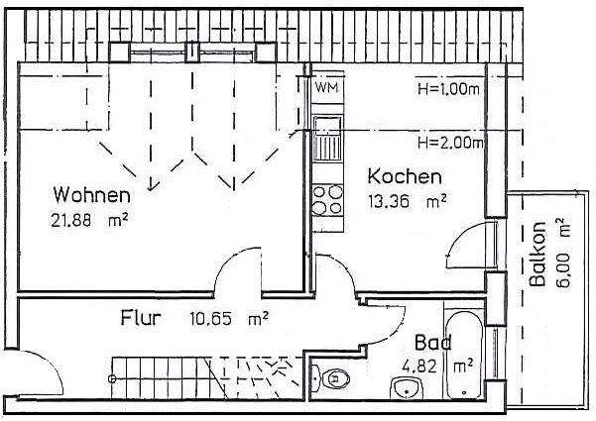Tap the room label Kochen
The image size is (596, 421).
(x=404, y=178)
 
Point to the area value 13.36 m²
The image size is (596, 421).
(x=408, y=202)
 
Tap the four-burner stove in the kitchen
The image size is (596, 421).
(x=325, y=200)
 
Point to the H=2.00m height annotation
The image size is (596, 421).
(x=449, y=143)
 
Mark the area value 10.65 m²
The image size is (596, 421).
(x=229, y=319)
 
